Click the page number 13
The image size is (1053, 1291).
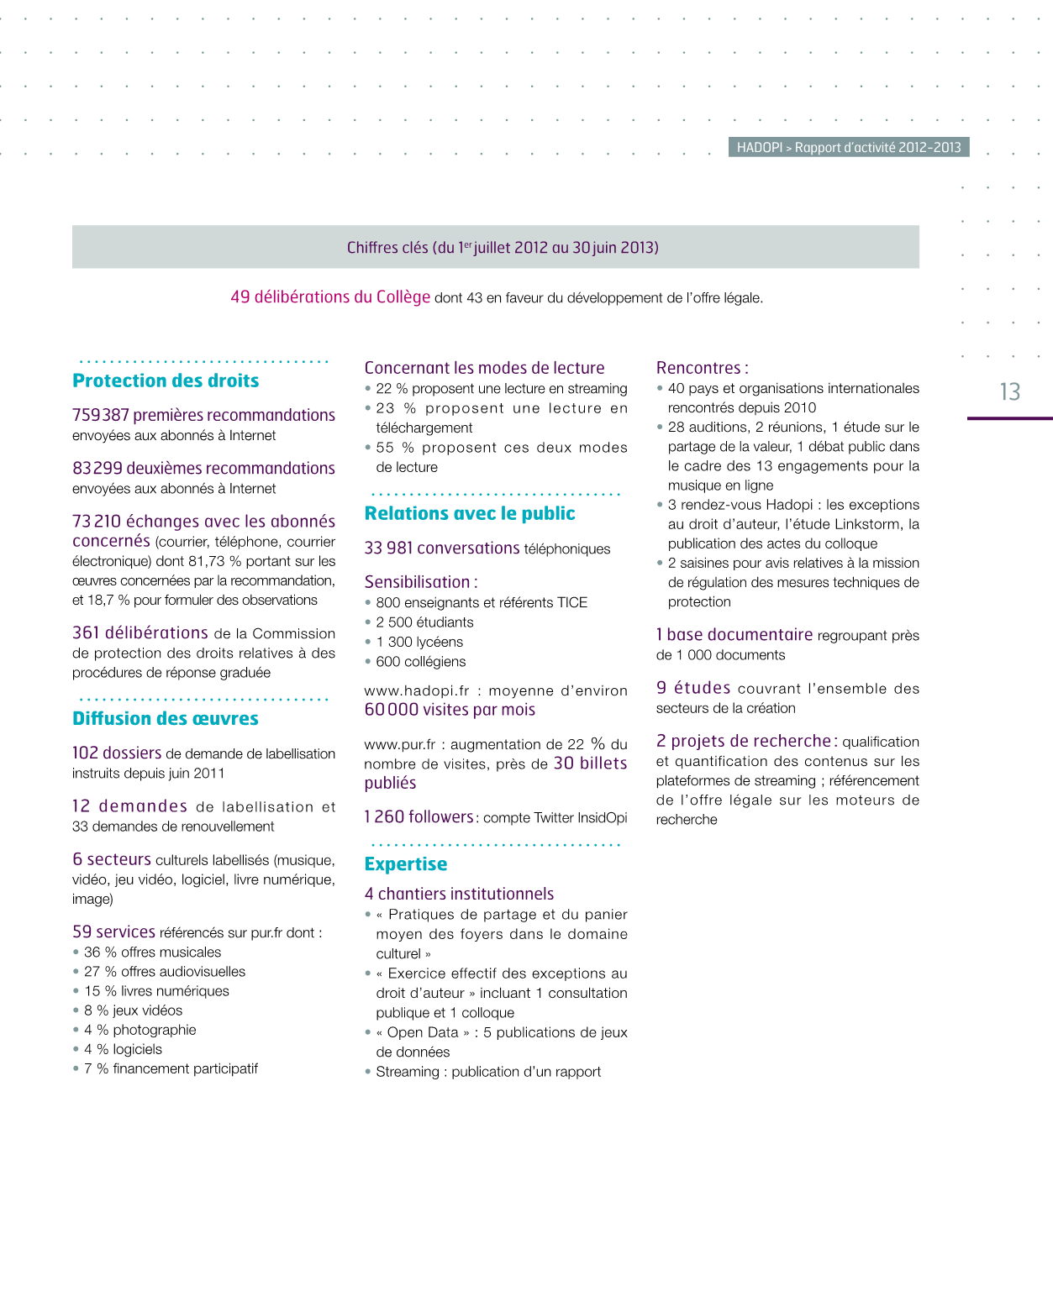[1009, 392]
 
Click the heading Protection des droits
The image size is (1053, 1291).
[166, 380]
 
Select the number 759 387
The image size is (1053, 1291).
[101, 415]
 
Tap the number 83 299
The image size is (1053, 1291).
[97, 468]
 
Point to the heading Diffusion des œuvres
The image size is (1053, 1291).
[166, 718]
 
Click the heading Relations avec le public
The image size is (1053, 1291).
[470, 513]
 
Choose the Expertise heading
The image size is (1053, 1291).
[406, 863]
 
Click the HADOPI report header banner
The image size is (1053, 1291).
[849, 147]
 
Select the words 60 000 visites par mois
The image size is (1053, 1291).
[450, 710]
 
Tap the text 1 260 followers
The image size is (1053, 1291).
[419, 816]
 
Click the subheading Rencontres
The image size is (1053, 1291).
[702, 368]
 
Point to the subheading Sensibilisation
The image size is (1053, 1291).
[420, 581]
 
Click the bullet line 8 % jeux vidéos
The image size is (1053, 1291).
[134, 1010]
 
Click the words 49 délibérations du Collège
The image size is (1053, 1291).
[330, 297]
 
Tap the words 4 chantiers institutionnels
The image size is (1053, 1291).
[459, 894]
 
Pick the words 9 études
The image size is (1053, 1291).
[693, 688]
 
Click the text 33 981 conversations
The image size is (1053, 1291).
[442, 548]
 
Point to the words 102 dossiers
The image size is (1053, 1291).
[117, 753]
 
